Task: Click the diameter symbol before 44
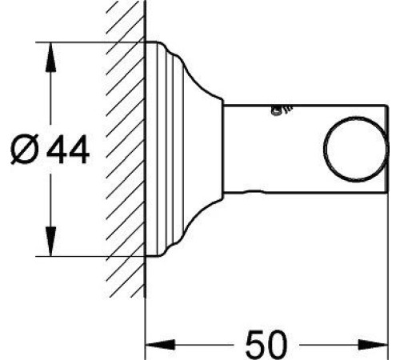pos(25,149)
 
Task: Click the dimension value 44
pos(68,150)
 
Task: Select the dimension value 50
pos(266,344)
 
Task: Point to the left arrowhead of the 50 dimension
pos(160,345)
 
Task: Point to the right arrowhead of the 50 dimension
pos(373,345)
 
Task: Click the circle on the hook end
pos(356,149)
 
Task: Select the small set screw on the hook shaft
pos(282,110)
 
